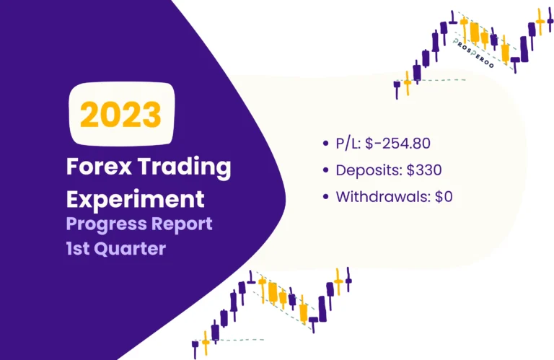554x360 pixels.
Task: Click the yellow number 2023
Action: click(x=121, y=115)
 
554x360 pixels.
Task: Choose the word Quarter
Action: click(x=140, y=251)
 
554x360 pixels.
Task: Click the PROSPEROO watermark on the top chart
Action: click(x=478, y=51)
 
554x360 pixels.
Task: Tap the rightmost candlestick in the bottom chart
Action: click(x=348, y=280)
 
